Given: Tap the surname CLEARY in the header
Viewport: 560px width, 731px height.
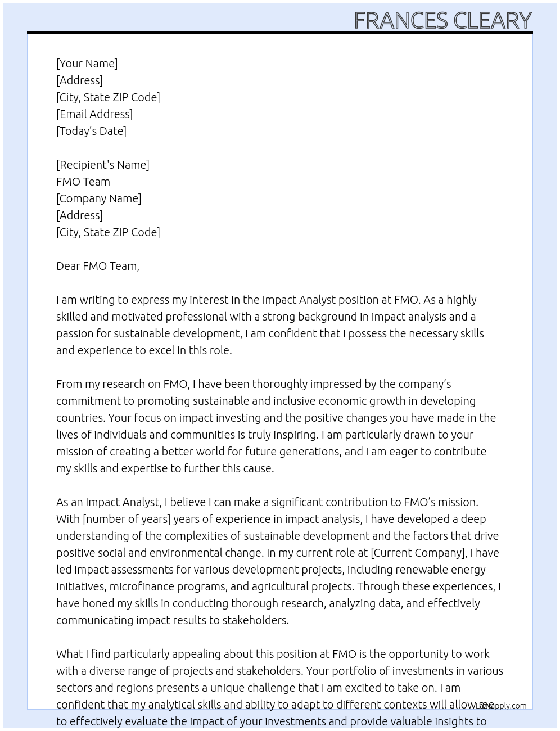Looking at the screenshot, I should click(492, 21).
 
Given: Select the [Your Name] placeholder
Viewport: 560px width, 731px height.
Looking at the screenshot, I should click(87, 64).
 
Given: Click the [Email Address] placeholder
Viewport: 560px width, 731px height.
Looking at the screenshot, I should click(94, 114).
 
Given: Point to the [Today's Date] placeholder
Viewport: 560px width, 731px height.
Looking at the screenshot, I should click(91, 131).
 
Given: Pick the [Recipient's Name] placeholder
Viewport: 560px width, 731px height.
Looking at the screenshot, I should click(103, 165).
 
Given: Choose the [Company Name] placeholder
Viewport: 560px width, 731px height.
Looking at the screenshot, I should click(99, 198).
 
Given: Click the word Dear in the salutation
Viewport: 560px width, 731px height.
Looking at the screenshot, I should click(68, 266).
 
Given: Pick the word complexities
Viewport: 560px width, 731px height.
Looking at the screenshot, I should click(195, 536).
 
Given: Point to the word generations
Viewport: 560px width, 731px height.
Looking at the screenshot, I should click(310, 452).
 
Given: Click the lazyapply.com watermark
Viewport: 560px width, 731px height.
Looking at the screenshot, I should click(502, 706).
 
